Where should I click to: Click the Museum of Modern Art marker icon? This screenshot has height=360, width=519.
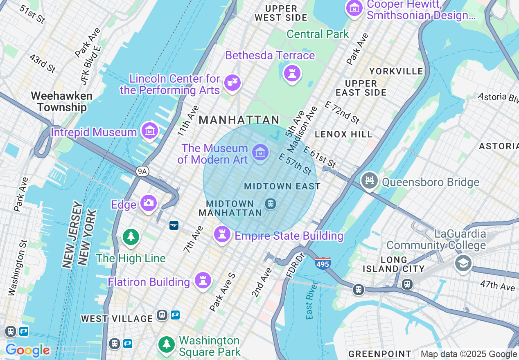[260, 152]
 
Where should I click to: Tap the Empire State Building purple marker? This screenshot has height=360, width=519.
[222, 234]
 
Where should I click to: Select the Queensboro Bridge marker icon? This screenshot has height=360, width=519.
[369, 180]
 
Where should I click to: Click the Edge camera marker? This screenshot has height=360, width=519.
[148, 202]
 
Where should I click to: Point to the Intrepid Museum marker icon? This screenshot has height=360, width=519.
[150, 130]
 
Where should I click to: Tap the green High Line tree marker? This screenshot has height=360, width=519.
[131, 236]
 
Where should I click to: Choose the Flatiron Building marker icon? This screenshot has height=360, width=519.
[203, 280]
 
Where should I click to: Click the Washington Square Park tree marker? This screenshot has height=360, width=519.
[166, 344]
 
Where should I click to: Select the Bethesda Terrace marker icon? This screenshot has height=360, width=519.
[292, 74]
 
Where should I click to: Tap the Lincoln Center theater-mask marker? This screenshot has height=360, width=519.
[232, 83]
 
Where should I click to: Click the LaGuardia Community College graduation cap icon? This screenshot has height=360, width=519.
[463, 263]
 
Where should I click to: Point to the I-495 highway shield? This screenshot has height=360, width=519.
[323, 263]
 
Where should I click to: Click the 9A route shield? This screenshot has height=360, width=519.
[142, 171]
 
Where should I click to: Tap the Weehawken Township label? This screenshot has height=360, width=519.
[61, 101]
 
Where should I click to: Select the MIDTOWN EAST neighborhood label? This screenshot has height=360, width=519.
[282, 186]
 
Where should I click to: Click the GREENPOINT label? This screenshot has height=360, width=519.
[380, 354]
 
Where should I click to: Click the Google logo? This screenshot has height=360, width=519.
[27, 351]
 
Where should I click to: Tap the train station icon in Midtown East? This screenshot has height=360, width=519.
[270, 203]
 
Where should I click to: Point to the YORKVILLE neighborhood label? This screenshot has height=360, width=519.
[396, 71]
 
